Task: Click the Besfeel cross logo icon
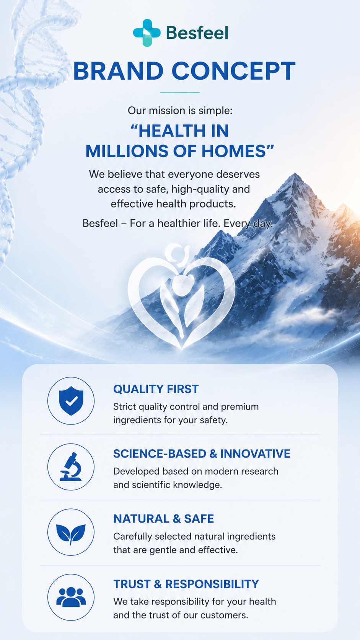[x=147, y=33]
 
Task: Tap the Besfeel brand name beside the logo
[x=197, y=33]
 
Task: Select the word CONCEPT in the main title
[x=233, y=71]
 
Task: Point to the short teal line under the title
[x=179, y=93]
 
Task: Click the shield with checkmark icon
[x=71, y=400]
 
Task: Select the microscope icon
[x=71, y=467]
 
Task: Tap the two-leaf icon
[x=71, y=534]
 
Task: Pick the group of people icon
[x=71, y=597]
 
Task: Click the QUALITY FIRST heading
[x=156, y=389]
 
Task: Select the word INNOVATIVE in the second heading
[x=255, y=454]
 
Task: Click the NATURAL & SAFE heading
[x=164, y=519]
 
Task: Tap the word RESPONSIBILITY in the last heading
[x=212, y=584]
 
